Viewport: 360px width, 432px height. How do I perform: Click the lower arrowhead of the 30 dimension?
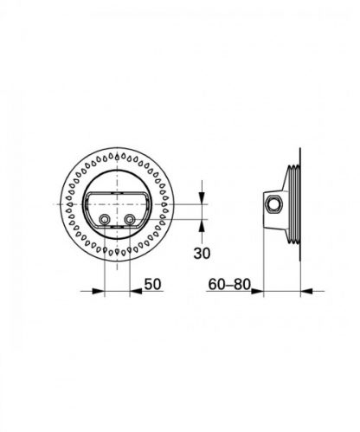click(201, 224)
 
